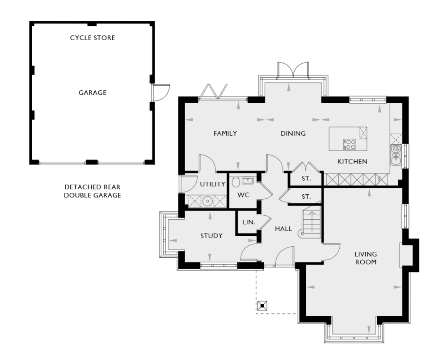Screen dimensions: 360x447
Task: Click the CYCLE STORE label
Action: tap(93, 38)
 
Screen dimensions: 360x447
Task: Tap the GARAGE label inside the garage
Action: tap(93, 93)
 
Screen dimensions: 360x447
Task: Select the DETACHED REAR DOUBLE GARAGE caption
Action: tap(93, 191)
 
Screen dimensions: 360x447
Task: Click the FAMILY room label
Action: tap(225, 133)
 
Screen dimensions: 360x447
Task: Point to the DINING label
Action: tap(293, 133)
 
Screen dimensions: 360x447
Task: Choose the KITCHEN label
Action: tap(352, 161)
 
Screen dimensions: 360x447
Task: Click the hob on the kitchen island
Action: tap(350, 144)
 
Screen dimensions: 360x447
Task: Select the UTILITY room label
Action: tap(212, 184)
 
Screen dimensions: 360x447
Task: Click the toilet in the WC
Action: tap(236, 182)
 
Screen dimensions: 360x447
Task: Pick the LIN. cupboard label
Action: tap(249, 222)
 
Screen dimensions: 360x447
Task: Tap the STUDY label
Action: tap(211, 235)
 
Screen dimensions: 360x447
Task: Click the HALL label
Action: tap(283, 229)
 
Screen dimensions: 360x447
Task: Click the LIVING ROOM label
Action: tap(366, 258)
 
